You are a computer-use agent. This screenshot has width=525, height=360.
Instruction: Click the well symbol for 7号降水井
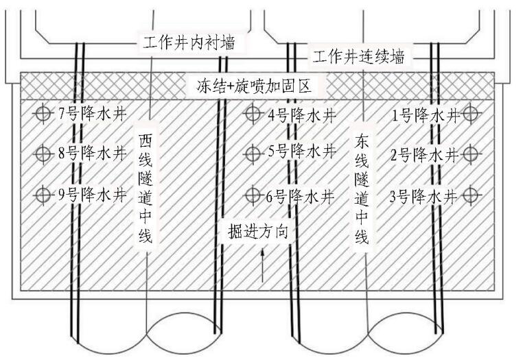[x=44, y=112]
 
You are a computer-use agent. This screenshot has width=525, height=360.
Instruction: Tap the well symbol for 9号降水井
[x=44, y=195]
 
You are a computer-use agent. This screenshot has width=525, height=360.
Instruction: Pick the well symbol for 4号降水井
[x=253, y=115]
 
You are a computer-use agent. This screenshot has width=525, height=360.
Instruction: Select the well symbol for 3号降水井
[x=471, y=195]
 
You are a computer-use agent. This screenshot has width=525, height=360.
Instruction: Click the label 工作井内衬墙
[x=189, y=43]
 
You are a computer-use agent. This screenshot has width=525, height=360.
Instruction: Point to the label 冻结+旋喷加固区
[x=255, y=87]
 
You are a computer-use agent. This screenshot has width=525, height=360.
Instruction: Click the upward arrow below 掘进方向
[x=261, y=267]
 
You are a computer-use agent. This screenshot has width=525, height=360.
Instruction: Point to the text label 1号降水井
[x=425, y=115]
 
